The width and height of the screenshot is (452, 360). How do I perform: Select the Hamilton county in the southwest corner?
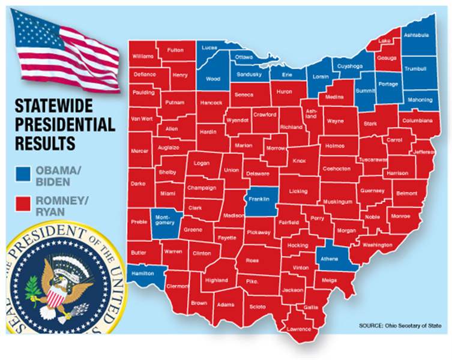145,272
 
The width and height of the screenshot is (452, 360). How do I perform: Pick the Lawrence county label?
299,329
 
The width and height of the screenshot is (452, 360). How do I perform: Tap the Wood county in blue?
213,78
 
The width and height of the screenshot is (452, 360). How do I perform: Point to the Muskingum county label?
337,202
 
